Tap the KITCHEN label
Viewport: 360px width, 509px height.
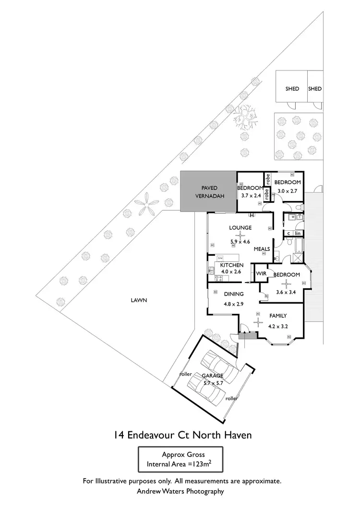pyautogui.click(x=231, y=265)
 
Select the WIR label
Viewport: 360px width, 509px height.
pyautogui.click(x=261, y=273)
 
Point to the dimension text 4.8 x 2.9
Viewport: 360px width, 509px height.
pyautogui.click(x=234, y=304)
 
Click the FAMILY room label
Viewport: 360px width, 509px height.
pyautogui.click(x=278, y=316)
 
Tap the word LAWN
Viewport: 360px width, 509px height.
pyautogui.click(x=138, y=301)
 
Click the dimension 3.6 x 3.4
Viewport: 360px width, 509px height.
pyautogui.click(x=287, y=291)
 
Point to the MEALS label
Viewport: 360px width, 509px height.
pyautogui.click(x=262, y=249)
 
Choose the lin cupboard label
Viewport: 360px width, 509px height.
pyautogui.click(x=298, y=234)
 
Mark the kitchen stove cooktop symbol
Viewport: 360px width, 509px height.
pyautogui.click(x=211, y=276)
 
